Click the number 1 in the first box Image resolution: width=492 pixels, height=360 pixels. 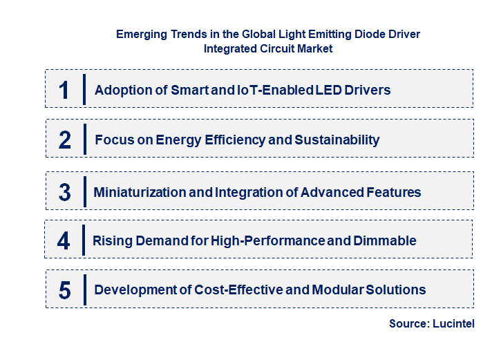64,90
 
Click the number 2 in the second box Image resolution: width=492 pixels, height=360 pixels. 64,140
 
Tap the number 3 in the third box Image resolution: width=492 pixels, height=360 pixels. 64,192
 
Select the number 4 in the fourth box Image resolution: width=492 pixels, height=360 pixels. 64,241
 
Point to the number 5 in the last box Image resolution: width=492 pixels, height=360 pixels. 64,290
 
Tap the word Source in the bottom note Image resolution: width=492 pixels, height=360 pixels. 408,323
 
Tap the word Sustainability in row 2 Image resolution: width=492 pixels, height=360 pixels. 337,140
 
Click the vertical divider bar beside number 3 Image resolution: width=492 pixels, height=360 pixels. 84,191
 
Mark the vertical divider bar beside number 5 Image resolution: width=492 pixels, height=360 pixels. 84,290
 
